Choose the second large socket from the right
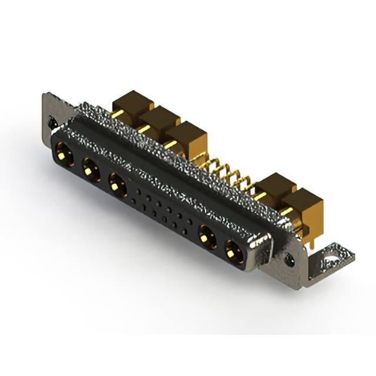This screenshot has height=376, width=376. pos(206,238)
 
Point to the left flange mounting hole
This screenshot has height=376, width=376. pos(52,123)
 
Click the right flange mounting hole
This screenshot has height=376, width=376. pos(289,257)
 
